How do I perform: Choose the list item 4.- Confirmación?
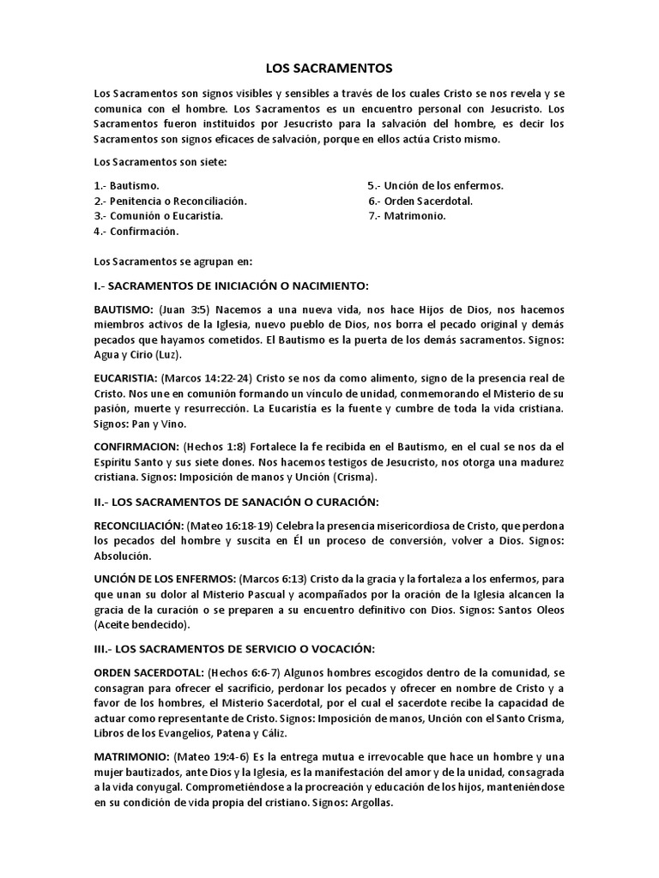pos(136,232)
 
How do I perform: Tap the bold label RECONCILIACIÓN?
pos(138,525)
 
